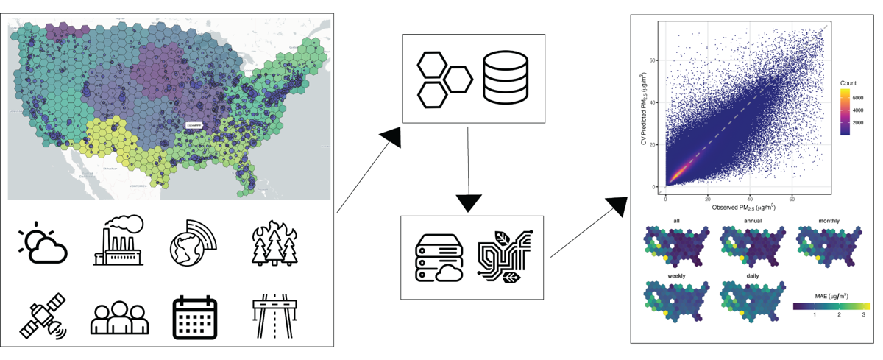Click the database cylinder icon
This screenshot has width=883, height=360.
pos(506,78)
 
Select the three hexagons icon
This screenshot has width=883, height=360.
pos(444,78)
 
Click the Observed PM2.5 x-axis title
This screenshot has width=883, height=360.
pos(744,208)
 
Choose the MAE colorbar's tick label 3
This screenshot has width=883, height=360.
pos(863,314)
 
